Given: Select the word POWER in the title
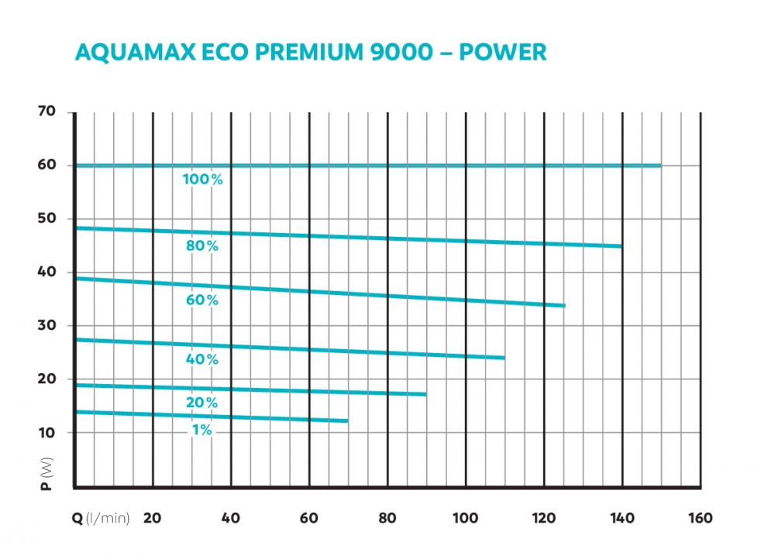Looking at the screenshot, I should pyautogui.click(x=503, y=53).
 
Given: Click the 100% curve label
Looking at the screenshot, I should pyautogui.click(x=202, y=180).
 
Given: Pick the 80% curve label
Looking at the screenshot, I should pyautogui.click(x=202, y=246).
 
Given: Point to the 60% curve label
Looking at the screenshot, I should pyautogui.click(x=202, y=300).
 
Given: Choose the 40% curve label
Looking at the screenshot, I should pyautogui.click(x=202, y=359).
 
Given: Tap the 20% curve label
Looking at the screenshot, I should pyautogui.click(x=202, y=403).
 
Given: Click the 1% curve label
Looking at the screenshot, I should pyautogui.click(x=202, y=430).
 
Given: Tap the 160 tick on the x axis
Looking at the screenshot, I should pyautogui.click(x=699, y=518).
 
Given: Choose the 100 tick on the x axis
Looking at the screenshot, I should pyautogui.click(x=465, y=518).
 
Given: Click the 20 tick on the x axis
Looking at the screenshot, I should pyautogui.click(x=153, y=518).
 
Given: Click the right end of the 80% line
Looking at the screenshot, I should pyautogui.click(x=621, y=246).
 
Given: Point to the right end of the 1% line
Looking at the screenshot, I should pyautogui.click(x=347, y=420).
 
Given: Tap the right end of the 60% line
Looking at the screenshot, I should pyautogui.click(x=564, y=306).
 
